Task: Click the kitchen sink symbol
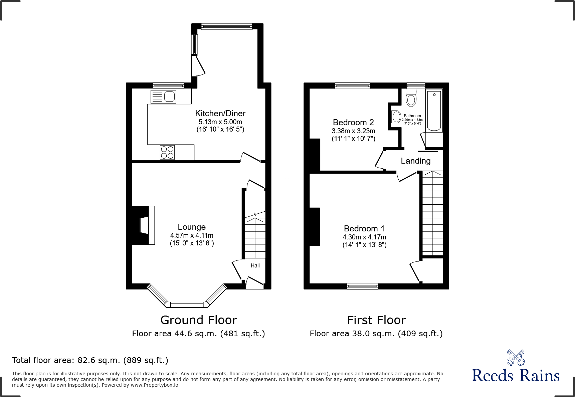164,97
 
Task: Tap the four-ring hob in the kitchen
167,152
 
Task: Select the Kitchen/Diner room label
220,114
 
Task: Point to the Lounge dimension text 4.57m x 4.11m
192,235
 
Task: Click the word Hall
255,266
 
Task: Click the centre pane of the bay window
187,304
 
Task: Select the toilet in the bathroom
411,98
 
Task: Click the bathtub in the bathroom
434,110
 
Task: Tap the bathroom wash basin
396,117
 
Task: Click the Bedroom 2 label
353,123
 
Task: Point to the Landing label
415,161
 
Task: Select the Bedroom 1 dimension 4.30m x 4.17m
364,237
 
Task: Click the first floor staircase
433,214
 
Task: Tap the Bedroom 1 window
362,286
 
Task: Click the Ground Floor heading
199,320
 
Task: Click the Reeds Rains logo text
516,376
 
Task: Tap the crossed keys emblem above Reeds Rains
516,358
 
